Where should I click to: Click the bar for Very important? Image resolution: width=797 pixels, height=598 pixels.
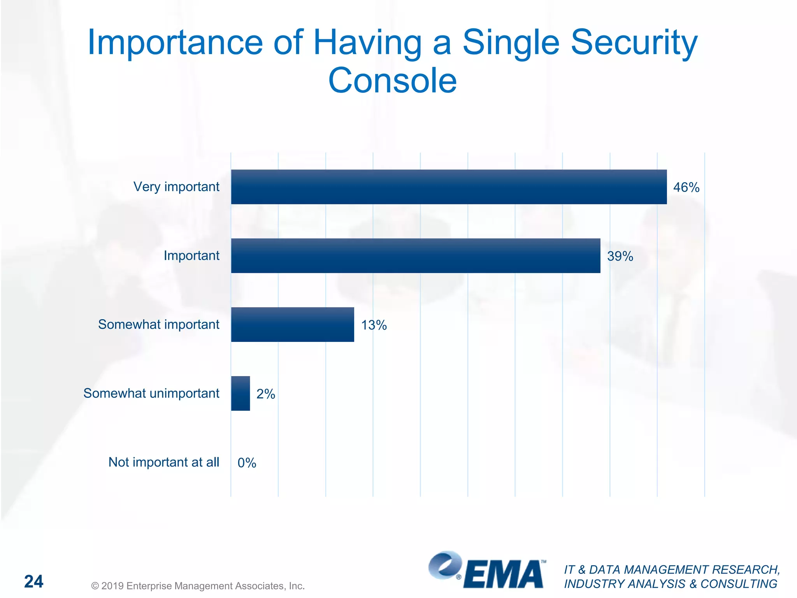coord(448,187)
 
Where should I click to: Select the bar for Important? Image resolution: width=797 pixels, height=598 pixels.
coord(415,256)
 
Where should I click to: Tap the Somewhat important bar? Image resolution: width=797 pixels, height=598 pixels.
coord(292,325)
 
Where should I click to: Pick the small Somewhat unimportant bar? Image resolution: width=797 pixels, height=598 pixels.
coord(240,393)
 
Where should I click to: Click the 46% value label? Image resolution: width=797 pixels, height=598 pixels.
coord(686,188)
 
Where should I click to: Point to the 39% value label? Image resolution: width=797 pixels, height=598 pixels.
coord(620,257)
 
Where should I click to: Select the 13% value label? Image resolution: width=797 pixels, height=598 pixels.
coord(374,325)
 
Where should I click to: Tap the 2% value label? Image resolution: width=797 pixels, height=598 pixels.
coord(265,394)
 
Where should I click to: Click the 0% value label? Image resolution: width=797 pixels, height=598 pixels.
coord(247,463)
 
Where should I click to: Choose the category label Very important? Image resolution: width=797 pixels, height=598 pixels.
coord(176,187)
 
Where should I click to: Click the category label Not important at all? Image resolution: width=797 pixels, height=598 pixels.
coord(163,462)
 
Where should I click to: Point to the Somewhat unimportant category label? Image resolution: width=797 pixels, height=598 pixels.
coord(151,393)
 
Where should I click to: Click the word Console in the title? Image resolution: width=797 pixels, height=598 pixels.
coord(392,81)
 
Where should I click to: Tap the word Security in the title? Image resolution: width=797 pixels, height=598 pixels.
coord(634,43)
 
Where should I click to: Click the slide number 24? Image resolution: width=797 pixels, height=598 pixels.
coord(34,582)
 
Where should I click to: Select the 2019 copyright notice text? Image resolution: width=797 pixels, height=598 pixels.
coord(198,586)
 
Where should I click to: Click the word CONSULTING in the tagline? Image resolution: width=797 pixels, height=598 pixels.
coord(739,584)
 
